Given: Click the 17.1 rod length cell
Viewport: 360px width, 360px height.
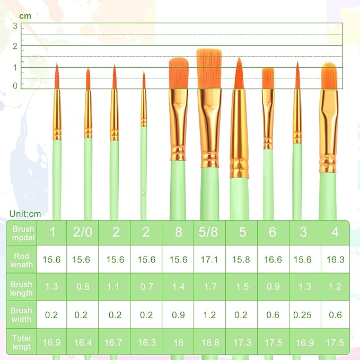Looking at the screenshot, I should click(x=209, y=259).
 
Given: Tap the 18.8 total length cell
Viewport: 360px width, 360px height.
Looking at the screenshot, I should click(x=209, y=343).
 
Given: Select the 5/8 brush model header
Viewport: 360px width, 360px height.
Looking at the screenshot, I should click(x=209, y=232).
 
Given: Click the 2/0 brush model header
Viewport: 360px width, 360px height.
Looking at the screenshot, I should click(x=83, y=232).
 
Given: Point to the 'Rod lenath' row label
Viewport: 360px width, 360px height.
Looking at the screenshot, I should click(x=21, y=259).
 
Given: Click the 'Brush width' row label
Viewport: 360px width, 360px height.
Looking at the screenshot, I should click(x=21, y=315).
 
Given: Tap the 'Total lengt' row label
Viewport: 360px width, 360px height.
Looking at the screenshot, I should click(x=21, y=343).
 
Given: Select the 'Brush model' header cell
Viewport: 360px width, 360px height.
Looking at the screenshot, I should click(x=21, y=233).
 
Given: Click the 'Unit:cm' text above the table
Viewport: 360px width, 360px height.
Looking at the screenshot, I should click(x=25, y=214).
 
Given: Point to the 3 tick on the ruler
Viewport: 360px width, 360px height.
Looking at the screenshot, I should click(x=15, y=26).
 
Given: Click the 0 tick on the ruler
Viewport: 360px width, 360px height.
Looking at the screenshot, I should click(x=15, y=85).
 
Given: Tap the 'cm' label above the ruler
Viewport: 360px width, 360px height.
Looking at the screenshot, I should click(x=25, y=16).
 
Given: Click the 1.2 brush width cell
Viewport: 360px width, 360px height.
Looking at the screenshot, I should click(x=209, y=315).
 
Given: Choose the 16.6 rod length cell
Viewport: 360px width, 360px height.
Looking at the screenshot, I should click(x=273, y=259).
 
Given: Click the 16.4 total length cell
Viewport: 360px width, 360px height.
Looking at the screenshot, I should click(x=83, y=343).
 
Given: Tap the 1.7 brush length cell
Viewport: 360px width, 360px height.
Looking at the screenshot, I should click(x=209, y=287).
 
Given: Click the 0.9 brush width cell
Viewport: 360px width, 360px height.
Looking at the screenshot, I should click(x=178, y=315).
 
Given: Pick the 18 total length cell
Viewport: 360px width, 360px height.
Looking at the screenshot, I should click(x=178, y=343).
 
